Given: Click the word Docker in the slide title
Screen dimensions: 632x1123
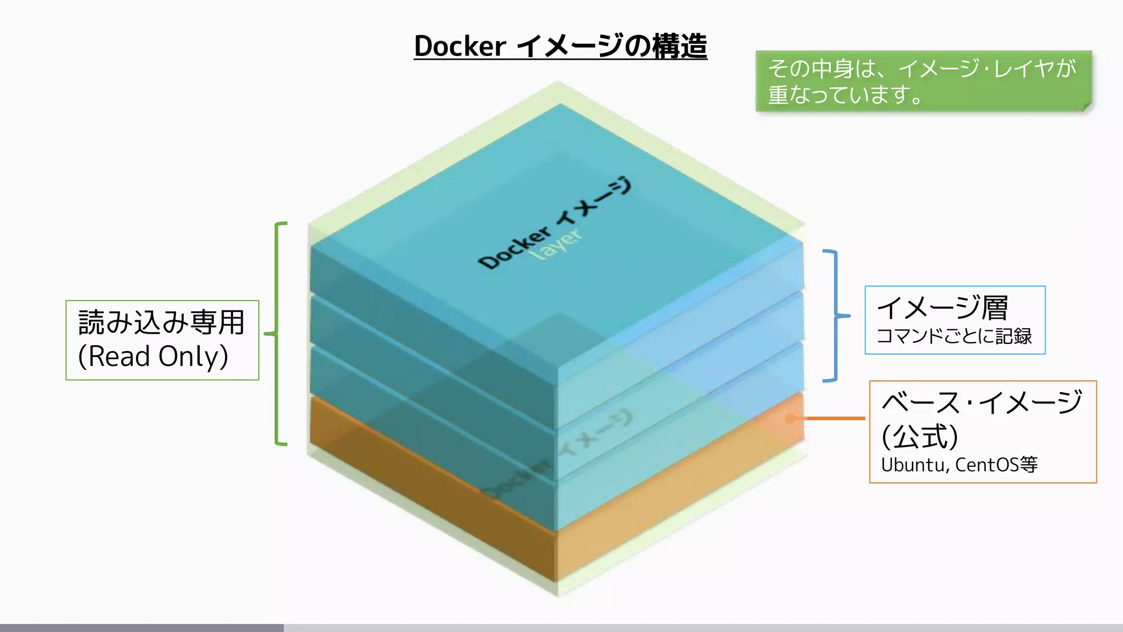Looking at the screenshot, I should click(460, 46).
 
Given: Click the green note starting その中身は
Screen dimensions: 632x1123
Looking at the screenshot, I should click(923, 81).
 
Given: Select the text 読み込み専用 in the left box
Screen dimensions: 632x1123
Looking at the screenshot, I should click(161, 323).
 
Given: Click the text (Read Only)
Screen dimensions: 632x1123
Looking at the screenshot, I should click(153, 357).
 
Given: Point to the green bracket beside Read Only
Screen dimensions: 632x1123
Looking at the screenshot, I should click(278, 334).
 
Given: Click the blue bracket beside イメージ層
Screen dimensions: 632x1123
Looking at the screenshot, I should click(835, 316).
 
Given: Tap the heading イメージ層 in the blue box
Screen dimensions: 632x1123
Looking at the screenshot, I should click(942, 308).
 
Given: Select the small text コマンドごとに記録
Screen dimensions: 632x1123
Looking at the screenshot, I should click(954, 336).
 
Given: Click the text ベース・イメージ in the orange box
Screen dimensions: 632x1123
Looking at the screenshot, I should click(982, 402).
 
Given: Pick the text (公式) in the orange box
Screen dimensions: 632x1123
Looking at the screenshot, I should click(920, 437).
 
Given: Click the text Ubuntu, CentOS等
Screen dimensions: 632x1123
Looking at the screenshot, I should click(959, 465).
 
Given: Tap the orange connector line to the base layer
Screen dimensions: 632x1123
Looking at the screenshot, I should click(833, 419).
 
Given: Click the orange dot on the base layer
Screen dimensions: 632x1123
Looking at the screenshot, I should click(790, 419).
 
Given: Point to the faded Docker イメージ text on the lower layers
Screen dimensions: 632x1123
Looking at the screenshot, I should click(557, 455).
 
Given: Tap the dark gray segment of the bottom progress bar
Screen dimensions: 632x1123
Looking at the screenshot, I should click(141, 628).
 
